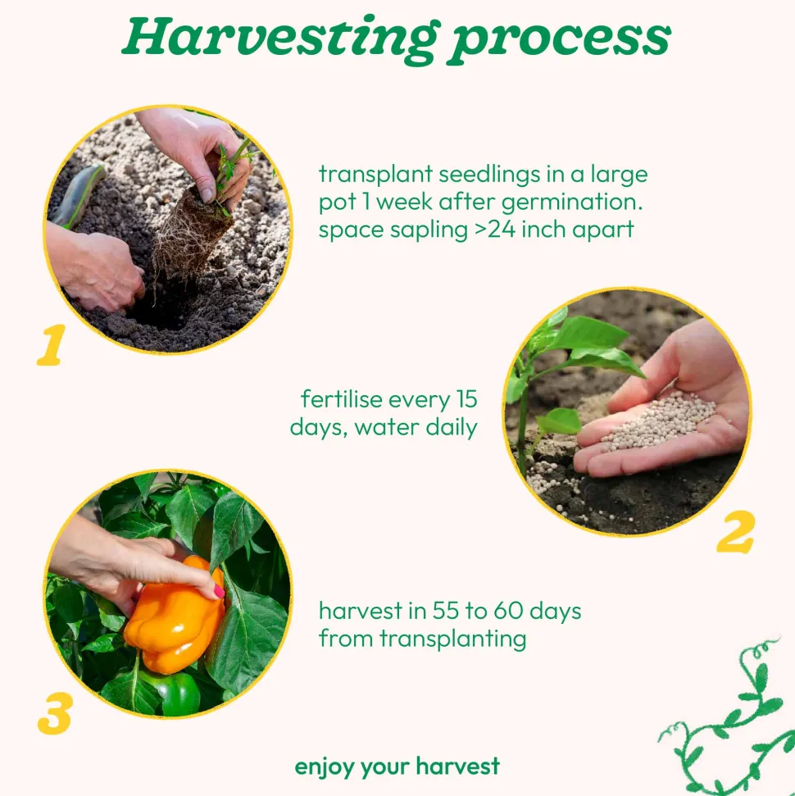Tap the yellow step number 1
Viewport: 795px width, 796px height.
pos(52,344)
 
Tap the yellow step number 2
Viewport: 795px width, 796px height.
pos(736,532)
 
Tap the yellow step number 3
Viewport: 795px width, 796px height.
pos(55,713)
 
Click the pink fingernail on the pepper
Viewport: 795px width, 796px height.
pos(219,591)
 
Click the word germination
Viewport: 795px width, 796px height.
pos(571,202)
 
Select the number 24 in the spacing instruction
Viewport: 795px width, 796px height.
pos(502,229)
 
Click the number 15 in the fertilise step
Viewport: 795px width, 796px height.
pos(466,399)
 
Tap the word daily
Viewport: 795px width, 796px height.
pos(452,427)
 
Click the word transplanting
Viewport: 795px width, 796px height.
pos(453,639)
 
